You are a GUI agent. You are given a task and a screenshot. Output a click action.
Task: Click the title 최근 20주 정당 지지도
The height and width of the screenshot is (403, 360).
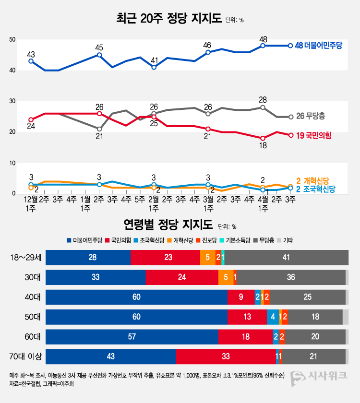click(168, 19)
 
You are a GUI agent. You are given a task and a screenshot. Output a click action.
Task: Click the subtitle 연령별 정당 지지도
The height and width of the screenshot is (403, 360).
click(168, 224)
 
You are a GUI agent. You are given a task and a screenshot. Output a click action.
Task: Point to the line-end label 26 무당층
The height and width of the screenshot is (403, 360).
click(311, 117)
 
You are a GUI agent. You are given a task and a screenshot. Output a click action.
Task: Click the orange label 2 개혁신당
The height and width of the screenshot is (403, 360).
click(312, 181)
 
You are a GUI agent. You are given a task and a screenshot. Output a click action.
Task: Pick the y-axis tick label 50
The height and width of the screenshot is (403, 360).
click(13, 40)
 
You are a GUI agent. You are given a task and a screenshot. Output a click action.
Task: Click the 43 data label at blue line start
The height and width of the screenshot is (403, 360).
click(31, 54)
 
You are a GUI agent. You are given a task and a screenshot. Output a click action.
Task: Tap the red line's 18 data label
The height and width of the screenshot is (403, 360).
click(263, 145)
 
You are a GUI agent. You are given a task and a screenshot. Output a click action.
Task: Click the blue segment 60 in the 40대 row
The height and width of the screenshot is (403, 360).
click(136, 297)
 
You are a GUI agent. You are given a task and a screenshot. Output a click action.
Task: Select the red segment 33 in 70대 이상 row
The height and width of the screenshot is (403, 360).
click(226, 356)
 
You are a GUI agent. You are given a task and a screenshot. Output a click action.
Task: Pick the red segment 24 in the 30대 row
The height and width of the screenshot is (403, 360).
click(182, 277)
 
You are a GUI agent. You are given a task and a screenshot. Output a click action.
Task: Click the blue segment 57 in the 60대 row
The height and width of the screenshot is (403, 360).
click(132, 337)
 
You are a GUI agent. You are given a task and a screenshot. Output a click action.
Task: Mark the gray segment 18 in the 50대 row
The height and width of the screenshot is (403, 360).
click(315, 317)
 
